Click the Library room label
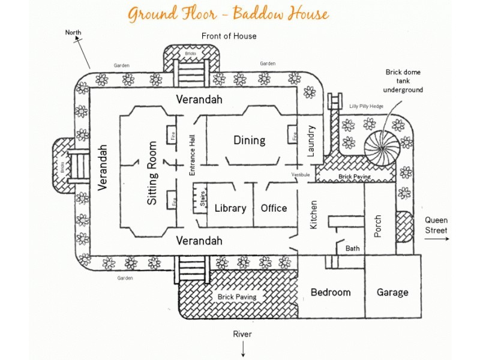(x=230, y=208)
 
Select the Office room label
(x=274, y=208)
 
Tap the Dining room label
(x=249, y=140)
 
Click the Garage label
(x=392, y=292)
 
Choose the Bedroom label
(x=330, y=292)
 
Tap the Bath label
(x=353, y=248)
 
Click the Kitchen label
(x=313, y=215)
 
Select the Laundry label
(x=311, y=141)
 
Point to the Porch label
(x=377, y=226)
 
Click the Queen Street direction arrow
(x=436, y=238)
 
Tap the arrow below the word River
(x=243, y=349)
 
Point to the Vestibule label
(x=301, y=175)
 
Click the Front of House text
(x=229, y=36)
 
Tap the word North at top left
(x=73, y=32)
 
